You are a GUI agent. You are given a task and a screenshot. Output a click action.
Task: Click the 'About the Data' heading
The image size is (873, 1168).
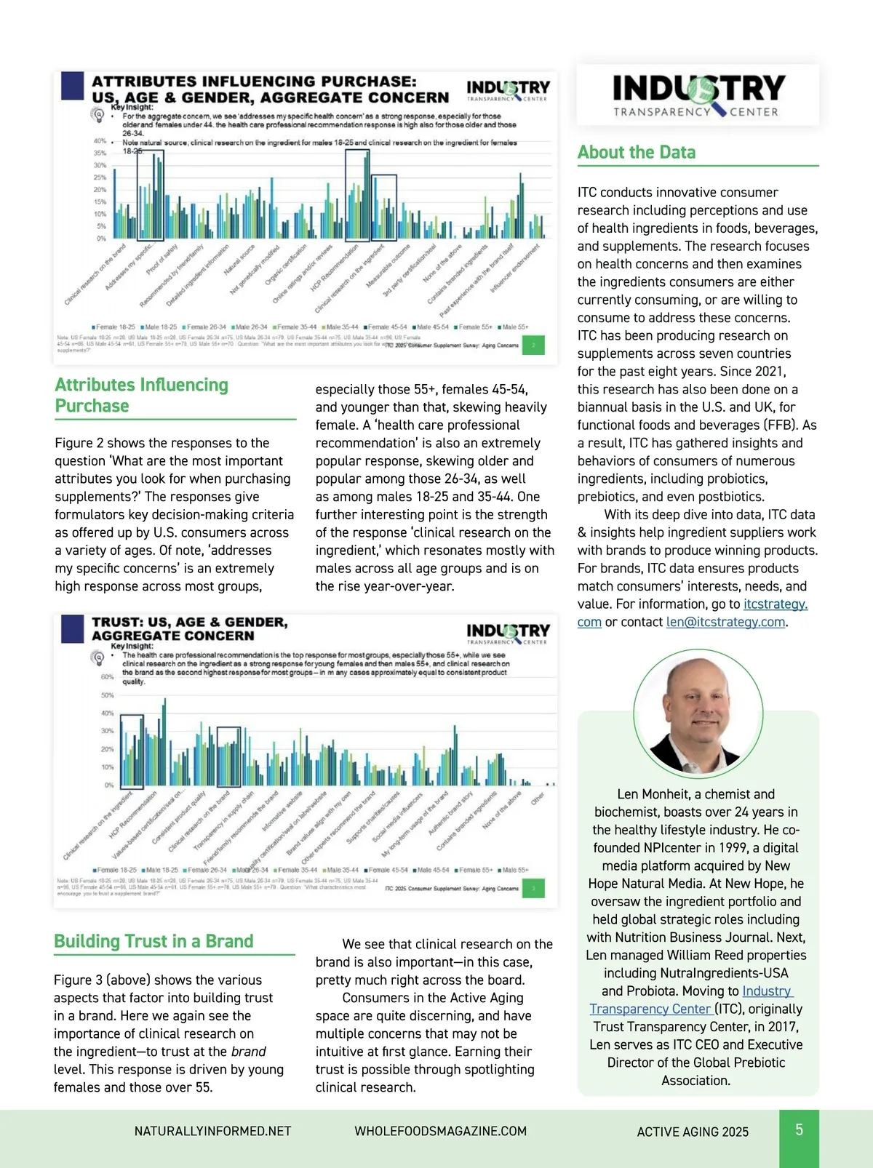(637, 153)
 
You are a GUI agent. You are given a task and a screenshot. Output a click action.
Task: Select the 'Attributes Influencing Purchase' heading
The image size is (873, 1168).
(142, 395)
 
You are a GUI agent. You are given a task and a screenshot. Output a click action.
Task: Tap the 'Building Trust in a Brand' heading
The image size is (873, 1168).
(154, 941)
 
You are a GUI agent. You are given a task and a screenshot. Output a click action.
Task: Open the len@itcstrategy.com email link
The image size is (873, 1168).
(726, 622)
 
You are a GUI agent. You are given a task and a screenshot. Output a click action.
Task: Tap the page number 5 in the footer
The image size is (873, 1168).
(799, 1129)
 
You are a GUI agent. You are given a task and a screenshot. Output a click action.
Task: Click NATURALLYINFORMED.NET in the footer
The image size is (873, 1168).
(212, 1131)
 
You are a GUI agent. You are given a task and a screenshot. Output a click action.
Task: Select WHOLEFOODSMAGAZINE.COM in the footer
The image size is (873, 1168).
(440, 1131)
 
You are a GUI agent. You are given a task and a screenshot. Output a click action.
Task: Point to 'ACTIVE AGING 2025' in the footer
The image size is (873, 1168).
(693, 1132)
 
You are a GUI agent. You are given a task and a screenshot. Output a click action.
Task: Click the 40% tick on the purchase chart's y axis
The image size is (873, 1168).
(100, 141)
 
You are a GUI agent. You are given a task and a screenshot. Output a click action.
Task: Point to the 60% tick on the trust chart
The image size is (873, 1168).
(107, 677)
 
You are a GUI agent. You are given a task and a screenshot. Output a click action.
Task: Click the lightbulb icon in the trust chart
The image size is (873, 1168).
(97, 657)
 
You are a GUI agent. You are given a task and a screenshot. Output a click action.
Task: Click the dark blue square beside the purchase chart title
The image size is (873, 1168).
(72, 85)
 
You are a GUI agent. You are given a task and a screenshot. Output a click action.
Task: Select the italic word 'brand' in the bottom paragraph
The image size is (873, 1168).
(248, 1052)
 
